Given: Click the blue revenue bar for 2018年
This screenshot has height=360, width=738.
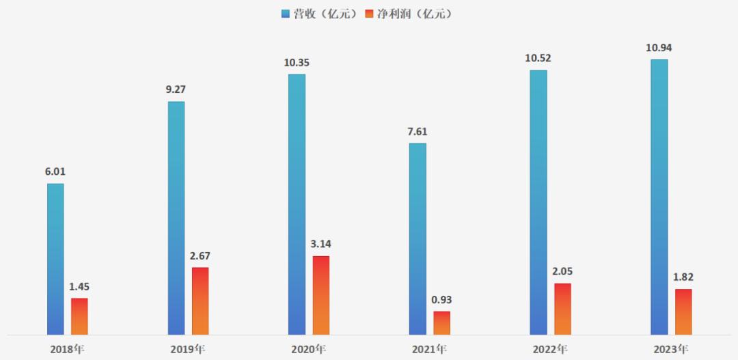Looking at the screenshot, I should coord(55,260).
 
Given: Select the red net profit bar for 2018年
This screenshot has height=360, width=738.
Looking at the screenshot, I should coord(79,317).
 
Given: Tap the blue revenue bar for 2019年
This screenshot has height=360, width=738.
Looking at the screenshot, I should coord(176,219).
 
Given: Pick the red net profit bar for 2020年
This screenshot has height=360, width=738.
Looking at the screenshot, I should coord(321,296).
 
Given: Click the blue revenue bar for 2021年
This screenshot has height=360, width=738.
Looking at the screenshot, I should coord(418,239).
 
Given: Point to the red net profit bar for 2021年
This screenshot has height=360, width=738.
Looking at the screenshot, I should coord(442,323).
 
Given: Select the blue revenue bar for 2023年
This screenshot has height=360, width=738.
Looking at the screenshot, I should coord(659,197).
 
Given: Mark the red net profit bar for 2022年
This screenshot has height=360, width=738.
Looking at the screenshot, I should coord(562,309).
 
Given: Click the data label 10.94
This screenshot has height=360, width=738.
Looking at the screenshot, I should coord(659,47).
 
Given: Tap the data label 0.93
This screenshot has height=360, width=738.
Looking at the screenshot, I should coord(442,299).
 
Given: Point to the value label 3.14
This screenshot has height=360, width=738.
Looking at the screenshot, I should coord(321,244).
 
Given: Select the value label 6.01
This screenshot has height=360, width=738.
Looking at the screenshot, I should coord(56,171).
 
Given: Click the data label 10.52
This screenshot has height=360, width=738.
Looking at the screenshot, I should coord(538,58).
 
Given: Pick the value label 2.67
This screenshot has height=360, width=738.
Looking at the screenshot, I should coord(200,255).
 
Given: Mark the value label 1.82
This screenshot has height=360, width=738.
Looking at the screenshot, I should coord(683,277).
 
